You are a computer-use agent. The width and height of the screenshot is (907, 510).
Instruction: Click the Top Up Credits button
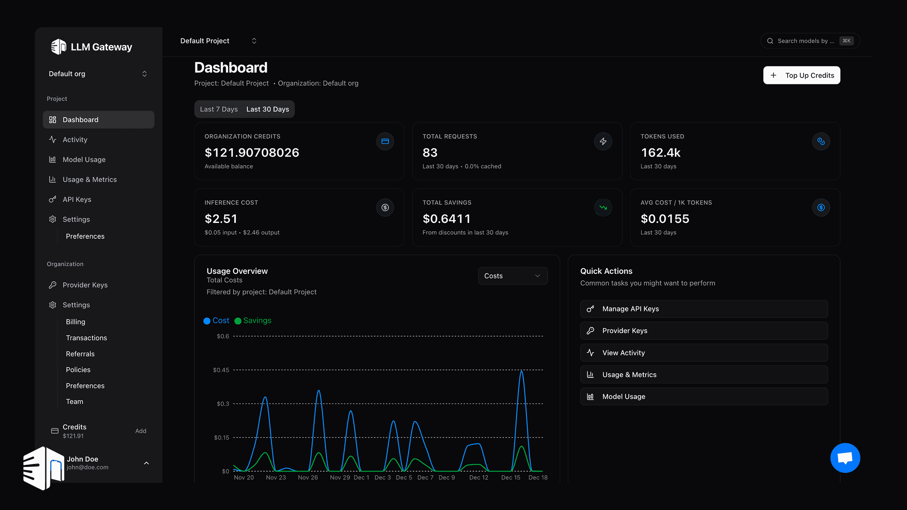[x=802, y=75]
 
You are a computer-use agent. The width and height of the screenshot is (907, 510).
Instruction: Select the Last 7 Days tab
[x=219, y=109]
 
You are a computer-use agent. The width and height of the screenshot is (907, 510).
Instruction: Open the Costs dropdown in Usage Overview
[x=512, y=276]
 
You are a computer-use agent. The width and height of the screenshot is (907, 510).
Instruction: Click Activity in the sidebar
[x=75, y=139]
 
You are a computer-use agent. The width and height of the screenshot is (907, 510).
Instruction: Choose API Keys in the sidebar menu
[x=77, y=199]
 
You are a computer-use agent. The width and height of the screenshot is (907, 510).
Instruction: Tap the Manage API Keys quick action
[x=704, y=309]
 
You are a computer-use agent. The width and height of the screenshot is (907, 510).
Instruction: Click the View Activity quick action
[x=704, y=352]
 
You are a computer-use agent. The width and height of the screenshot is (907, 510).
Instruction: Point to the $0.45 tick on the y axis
[x=221, y=370]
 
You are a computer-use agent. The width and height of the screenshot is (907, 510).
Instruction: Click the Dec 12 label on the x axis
[x=478, y=478]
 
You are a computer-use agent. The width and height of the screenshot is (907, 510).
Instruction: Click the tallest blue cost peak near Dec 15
[x=522, y=372]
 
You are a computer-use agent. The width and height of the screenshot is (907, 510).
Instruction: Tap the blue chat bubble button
[x=845, y=458]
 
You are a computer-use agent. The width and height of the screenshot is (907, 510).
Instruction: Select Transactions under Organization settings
[x=86, y=338]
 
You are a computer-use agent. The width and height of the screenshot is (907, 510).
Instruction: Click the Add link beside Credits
[x=141, y=431]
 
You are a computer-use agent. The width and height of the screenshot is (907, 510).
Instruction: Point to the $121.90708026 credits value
[x=252, y=153]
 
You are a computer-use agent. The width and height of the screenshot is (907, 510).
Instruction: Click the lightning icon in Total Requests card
[x=603, y=141]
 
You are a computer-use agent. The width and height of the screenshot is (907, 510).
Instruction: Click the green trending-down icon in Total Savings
[x=603, y=207]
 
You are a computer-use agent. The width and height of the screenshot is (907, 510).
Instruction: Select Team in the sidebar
[x=74, y=402]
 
